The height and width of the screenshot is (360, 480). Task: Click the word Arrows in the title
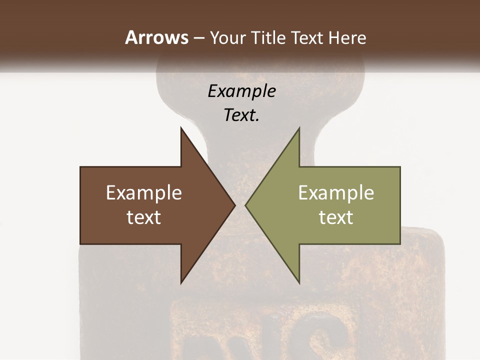tap(156, 37)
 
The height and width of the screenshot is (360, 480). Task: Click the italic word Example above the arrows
tap(241, 91)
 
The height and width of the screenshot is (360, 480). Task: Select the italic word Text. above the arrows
tap(241, 115)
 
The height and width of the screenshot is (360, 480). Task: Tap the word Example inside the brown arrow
tap(144, 193)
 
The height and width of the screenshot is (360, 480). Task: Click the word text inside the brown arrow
tap(144, 217)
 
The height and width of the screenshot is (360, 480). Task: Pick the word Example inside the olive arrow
tap(336, 193)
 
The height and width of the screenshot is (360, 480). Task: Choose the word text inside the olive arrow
tap(336, 217)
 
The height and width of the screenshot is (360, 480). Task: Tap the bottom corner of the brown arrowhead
tap(181, 282)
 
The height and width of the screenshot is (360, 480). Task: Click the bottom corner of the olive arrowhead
tap(299, 282)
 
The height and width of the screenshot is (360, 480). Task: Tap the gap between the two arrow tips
tap(240, 205)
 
